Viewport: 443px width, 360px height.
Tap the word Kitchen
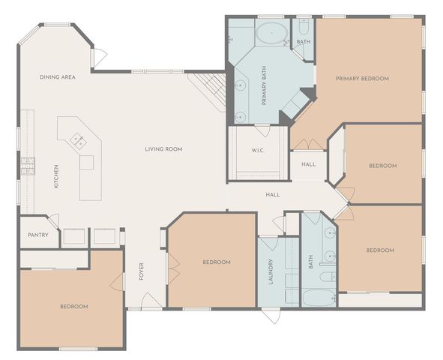pyautogui.click(x=56, y=176)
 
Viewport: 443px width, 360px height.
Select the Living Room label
pyautogui.click(x=163, y=149)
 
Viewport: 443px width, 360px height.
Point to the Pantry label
pyautogui.click(x=37, y=235)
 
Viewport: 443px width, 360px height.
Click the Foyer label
pyautogui.click(x=141, y=271)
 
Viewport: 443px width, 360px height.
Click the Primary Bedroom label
pyautogui.click(x=362, y=79)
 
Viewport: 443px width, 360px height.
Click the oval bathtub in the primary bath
pyautogui.click(x=271, y=33)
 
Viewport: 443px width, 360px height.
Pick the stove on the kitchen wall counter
pyautogui.click(x=28, y=164)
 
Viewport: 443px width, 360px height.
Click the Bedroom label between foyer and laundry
pyautogui.click(x=217, y=262)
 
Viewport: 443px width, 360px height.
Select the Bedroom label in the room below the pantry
pyautogui.click(x=74, y=306)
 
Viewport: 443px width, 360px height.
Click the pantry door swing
pyautogui.click(x=53, y=221)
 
